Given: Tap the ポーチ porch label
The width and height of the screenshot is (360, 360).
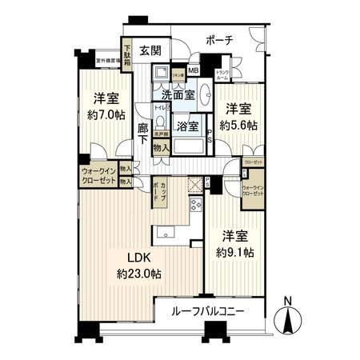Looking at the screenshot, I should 218,40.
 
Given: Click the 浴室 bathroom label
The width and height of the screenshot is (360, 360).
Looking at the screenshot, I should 188,126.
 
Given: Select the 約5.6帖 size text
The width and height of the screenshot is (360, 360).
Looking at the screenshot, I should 240,126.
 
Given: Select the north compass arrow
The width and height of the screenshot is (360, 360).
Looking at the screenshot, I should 288,321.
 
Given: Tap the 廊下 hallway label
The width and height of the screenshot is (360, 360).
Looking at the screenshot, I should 142,132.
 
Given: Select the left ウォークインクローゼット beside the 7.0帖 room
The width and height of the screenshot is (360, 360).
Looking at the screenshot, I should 98,175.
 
